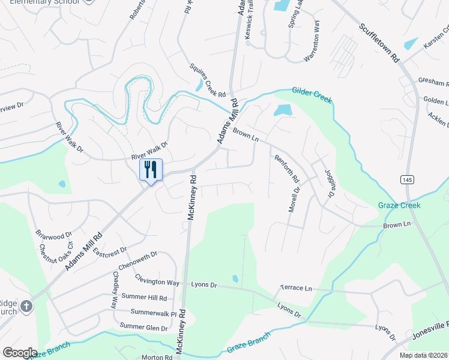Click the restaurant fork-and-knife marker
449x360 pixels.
click(x=150, y=169)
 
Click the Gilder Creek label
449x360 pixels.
click(x=312, y=95)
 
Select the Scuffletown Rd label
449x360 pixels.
click(x=379, y=43)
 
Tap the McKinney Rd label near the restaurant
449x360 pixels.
click(x=191, y=198)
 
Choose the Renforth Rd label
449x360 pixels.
click(x=286, y=169)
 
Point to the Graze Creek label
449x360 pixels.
click(x=399, y=205)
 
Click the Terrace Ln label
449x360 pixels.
click(x=297, y=289)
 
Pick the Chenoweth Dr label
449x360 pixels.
click(x=138, y=263)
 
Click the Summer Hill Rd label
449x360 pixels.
click(x=143, y=298)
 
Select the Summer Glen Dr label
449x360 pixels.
click(x=143, y=327)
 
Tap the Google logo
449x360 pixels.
click(x=20, y=353)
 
